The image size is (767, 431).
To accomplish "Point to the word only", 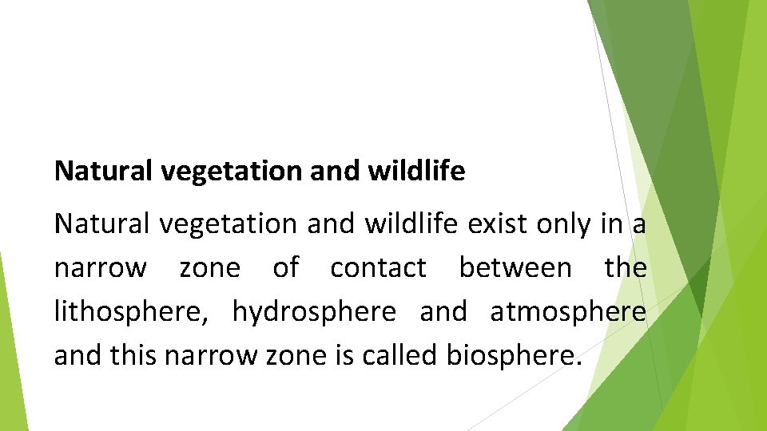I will pyautogui.click(x=564, y=225).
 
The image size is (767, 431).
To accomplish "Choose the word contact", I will pyautogui.click(x=378, y=268).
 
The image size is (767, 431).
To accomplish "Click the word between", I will pyautogui.click(x=515, y=268).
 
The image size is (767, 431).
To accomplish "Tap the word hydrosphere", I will pyautogui.click(x=314, y=312).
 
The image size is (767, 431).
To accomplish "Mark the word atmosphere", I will pyautogui.click(x=568, y=312).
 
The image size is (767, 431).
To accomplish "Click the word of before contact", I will pyautogui.click(x=285, y=268).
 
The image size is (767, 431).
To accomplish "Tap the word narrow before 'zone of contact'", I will pyautogui.click(x=100, y=268).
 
